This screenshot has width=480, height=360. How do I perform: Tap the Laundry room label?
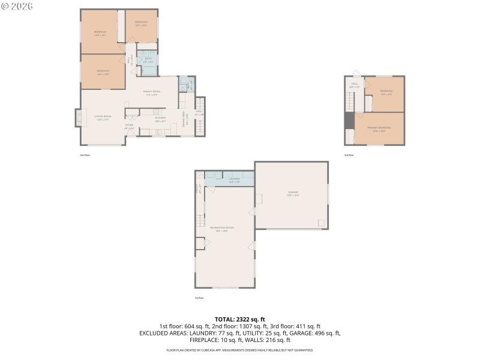pyautogui.click(x=234, y=179)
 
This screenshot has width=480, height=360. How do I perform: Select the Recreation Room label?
pyautogui.click(x=221, y=228)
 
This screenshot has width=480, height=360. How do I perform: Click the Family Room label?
pyautogui.click(x=150, y=92)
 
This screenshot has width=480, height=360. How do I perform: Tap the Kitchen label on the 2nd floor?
pyautogui.click(x=160, y=118)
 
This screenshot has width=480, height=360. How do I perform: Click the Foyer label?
pyautogui.click(x=129, y=127)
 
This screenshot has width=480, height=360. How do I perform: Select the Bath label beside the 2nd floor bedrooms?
pyautogui.click(x=147, y=60)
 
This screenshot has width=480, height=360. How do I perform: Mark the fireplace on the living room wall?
pyautogui.click(x=77, y=118)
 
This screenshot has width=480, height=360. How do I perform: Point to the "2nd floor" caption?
pyautogui.click(x=85, y=155)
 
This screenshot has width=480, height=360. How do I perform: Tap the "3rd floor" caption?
pyautogui.click(x=349, y=155)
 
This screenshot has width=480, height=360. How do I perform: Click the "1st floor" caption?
pyautogui.click(x=199, y=298)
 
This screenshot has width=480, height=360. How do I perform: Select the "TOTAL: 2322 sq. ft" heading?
pyautogui.click(x=240, y=319)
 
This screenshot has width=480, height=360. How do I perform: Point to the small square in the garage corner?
pyautogui.click(x=322, y=223)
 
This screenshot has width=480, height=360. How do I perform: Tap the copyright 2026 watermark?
pyautogui.click(x=17, y=6)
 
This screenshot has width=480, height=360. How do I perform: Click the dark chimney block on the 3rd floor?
pyautogui.click(x=349, y=121)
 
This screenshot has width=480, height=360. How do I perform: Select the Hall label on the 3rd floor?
pyautogui.click(x=354, y=85)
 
